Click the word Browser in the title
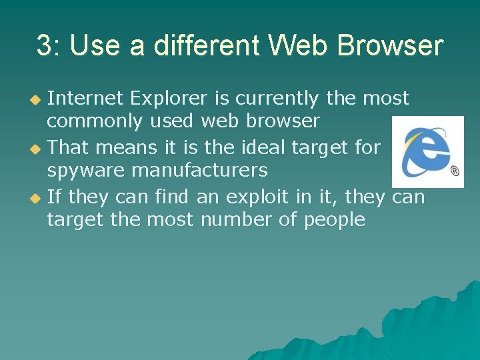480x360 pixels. point(391,46)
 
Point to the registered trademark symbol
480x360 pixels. point(455,172)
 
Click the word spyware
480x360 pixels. point(86,171)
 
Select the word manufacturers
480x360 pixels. point(200,171)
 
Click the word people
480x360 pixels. point(335,220)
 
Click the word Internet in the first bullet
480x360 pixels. point(85,99)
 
